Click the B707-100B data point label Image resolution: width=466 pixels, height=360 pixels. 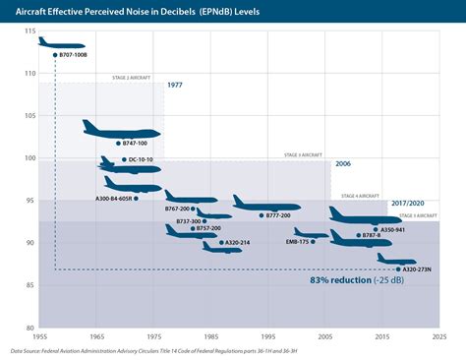pyautogui.click(x=75, y=55)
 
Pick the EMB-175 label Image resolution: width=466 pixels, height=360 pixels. pyautogui.click(x=296, y=241)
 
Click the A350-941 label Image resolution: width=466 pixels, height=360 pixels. pyautogui.click(x=392, y=229)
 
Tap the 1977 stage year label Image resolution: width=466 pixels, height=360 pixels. pyautogui.click(x=174, y=86)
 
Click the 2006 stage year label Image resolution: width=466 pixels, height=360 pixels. pyautogui.click(x=342, y=164)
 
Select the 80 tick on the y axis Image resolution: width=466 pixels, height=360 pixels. pyautogui.click(x=29, y=328)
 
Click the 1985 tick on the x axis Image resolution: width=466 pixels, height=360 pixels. pyautogui.click(x=210, y=336)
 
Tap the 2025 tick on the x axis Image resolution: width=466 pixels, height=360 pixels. pyautogui.click(x=439, y=336)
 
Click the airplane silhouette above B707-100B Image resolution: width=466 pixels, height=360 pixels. pyautogui.click(x=61, y=43)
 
